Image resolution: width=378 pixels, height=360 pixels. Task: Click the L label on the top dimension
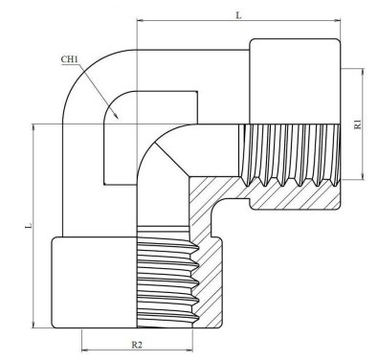tap(238, 14)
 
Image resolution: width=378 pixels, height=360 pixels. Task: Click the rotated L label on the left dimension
tap(29, 226)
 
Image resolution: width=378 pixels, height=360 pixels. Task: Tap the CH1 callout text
tap(69, 59)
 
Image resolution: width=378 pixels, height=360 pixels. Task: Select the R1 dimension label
tap(358, 124)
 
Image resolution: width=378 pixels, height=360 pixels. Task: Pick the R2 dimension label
tap(137, 345)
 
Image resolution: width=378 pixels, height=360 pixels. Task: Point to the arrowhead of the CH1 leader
tap(116, 115)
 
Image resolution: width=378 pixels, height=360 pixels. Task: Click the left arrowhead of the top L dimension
tap(141, 21)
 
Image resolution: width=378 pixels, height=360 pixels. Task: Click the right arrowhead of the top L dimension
tap(337, 21)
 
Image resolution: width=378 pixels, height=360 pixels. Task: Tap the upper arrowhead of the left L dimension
tap(33, 127)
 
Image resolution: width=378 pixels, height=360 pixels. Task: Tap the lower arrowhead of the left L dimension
tap(33, 325)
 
